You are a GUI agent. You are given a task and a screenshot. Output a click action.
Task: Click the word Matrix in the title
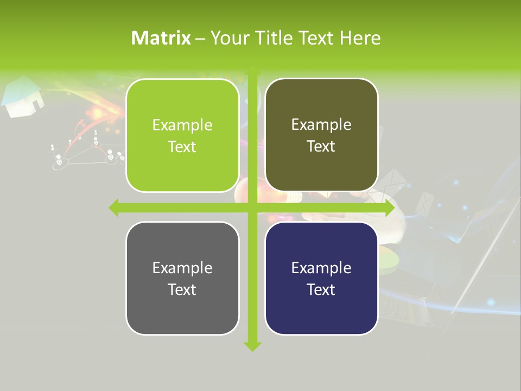coord(161,38)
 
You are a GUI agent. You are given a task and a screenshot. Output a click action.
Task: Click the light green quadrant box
coord(182,135)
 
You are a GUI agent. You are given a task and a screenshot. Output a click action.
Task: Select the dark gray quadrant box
coord(182,278)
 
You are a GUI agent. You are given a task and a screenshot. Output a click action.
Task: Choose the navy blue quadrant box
coord(321,278)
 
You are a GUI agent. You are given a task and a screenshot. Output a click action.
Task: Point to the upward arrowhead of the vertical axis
coord(252,71)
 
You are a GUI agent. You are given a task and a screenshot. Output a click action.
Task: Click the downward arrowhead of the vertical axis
coord(252,346)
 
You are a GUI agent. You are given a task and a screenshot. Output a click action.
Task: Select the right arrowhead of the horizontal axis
coord(389,208)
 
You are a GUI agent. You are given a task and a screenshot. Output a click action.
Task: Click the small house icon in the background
coord(23,98)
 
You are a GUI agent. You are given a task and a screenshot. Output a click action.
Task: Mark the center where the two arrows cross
coord(252,208)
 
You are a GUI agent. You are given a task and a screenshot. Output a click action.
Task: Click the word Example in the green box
coord(182,125)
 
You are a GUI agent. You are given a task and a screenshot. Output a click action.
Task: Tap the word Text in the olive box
coord(321,146)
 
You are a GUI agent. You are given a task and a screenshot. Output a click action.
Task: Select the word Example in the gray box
coord(182,268)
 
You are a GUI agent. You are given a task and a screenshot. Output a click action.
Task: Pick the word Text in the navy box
coord(321,289)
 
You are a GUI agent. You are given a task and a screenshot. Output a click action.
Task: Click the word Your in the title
coord(228,38)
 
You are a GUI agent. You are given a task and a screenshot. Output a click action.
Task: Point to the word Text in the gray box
coord(182,289)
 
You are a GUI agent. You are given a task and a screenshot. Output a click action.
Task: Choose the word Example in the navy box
coord(321,268)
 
